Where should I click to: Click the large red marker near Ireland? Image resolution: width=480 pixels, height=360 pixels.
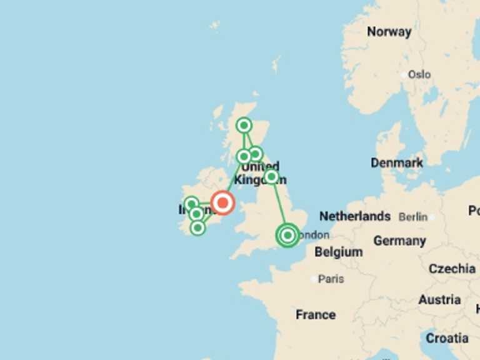pyautogui.click(x=222, y=202)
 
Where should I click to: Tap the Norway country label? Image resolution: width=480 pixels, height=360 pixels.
pyautogui.click(x=389, y=32)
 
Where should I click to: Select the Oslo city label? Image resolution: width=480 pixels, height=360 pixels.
pyautogui.click(x=419, y=74)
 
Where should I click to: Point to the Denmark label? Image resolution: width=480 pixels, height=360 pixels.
pyautogui.click(x=397, y=162)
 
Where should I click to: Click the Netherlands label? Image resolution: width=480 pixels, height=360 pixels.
pyautogui.click(x=355, y=216)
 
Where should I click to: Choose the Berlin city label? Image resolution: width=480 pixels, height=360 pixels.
pyautogui.click(x=413, y=217)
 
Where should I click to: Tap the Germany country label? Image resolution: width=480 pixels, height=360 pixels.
pyautogui.click(x=399, y=241)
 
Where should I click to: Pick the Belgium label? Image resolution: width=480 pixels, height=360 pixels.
pyautogui.click(x=338, y=252)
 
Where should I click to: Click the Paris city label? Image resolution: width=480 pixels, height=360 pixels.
pyautogui.click(x=331, y=279)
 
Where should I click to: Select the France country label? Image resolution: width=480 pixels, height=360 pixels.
pyautogui.click(x=316, y=314)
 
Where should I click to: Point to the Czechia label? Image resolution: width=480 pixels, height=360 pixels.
pyautogui.click(x=452, y=269)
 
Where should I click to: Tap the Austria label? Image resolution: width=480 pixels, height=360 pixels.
pyautogui.click(x=439, y=300)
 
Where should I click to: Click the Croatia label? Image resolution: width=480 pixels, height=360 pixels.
pyautogui.click(x=447, y=338)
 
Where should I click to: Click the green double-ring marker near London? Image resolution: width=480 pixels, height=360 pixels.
pyautogui.click(x=287, y=236)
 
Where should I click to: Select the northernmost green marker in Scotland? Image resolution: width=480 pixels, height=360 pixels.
pyautogui.click(x=244, y=126)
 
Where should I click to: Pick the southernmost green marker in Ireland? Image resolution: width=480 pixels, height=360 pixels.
pyautogui.click(x=197, y=227)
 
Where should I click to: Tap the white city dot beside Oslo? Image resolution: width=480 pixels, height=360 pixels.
pyautogui.click(x=403, y=74)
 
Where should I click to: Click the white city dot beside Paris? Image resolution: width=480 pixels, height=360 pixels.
pyautogui.click(x=314, y=279)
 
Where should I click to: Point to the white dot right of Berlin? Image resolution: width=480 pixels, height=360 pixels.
pyautogui.click(x=432, y=217)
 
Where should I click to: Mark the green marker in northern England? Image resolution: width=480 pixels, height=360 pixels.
pyautogui.click(x=271, y=177)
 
